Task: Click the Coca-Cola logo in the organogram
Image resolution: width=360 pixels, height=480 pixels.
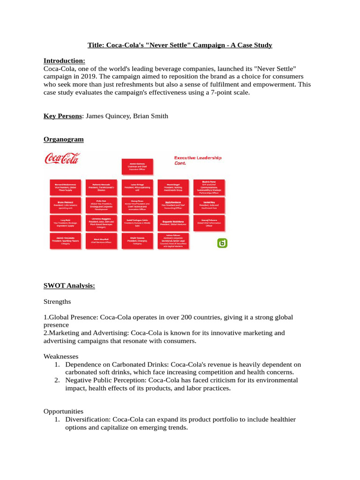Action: click(62, 158)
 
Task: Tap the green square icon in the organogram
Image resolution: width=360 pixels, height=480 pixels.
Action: click(222, 243)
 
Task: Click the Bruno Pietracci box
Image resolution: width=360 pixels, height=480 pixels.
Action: click(65, 205)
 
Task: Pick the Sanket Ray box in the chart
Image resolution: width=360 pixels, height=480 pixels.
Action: click(209, 204)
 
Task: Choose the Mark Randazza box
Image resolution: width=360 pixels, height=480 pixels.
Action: click(173, 204)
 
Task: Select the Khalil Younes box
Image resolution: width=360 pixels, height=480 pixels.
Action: click(137, 240)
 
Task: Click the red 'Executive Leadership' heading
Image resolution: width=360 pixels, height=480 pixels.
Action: click(197, 158)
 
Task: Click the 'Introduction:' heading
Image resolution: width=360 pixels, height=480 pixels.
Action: click(64, 60)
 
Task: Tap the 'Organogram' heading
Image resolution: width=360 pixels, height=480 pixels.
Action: click(63, 139)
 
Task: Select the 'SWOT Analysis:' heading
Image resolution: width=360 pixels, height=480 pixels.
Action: click(69, 285)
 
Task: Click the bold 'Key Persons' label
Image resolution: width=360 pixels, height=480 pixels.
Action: click(63, 116)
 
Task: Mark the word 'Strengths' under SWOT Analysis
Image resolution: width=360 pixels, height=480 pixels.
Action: click(57, 301)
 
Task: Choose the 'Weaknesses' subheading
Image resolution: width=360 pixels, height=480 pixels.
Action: click(61, 357)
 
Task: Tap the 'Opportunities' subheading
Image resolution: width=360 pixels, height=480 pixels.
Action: click(63, 411)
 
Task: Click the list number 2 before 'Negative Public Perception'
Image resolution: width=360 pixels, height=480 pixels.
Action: click(56, 380)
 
